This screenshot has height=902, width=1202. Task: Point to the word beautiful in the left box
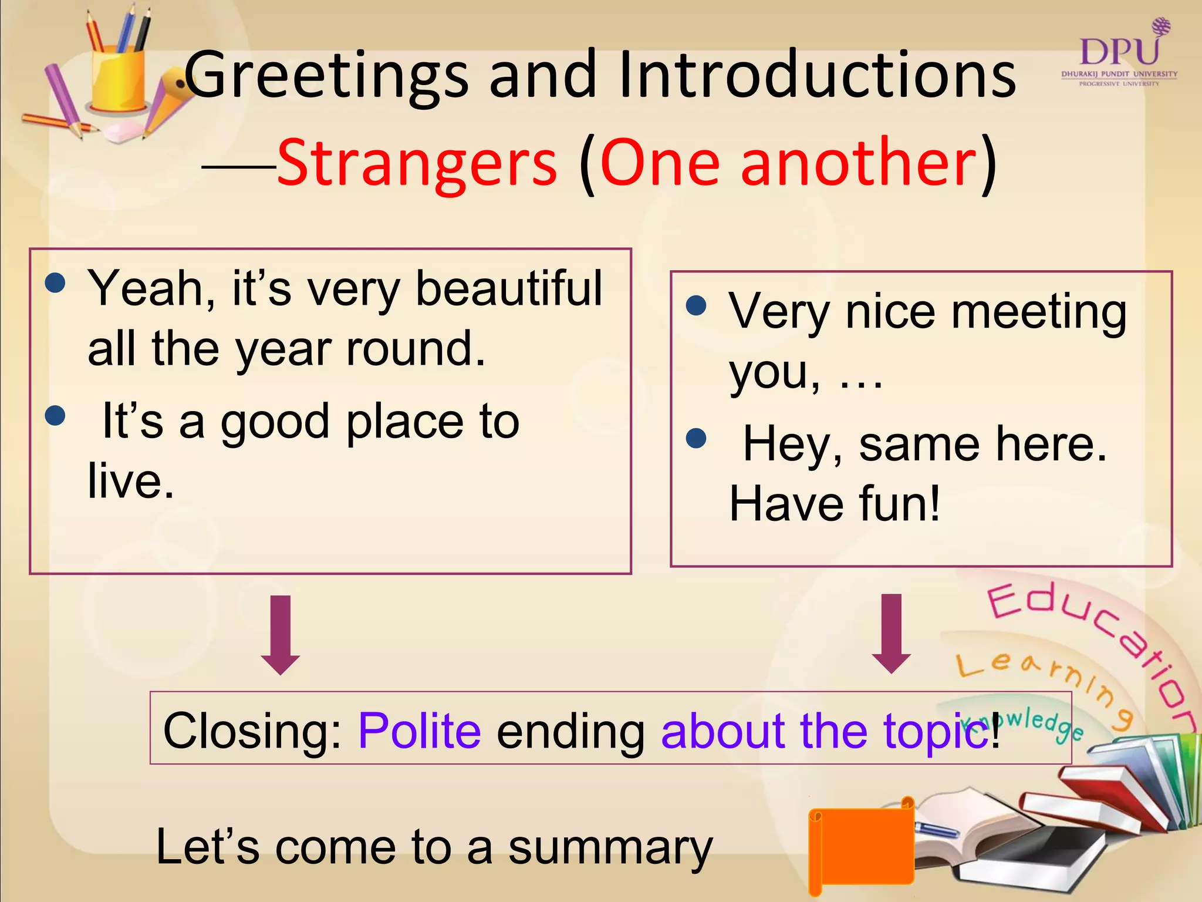pyautogui.click(x=508, y=288)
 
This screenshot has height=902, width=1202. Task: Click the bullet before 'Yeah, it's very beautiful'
pyautogui.click(x=55, y=283)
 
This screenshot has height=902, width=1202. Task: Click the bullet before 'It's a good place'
pyautogui.click(x=55, y=416)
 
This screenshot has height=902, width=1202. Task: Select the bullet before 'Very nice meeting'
pyautogui.click(x=696, y=305)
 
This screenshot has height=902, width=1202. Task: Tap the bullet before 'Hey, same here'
pyautogui.click(x=696, y=438)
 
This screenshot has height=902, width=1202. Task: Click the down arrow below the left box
pyautogui.click(x=281, y=634)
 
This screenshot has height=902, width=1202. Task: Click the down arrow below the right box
pyautogui.click(x=891, y=633)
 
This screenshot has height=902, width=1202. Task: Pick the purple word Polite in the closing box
pyautogui.click(x=419, y=731)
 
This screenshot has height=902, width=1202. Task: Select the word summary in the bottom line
pyautogui.click(x=610, y=848)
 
